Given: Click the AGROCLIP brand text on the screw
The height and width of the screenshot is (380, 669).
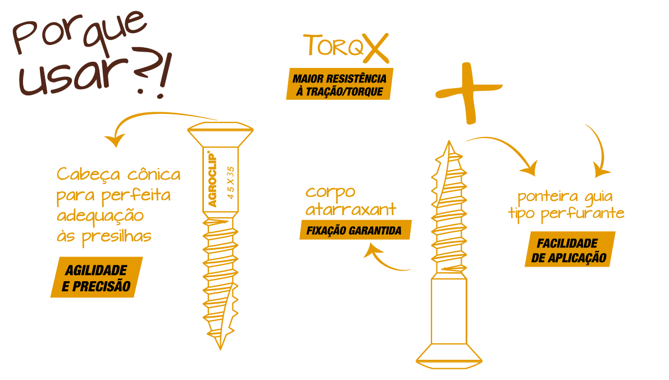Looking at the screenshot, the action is [212, 179].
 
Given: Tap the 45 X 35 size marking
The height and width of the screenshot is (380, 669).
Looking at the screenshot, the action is [231, 182].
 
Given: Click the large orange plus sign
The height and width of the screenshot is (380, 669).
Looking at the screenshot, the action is [469, 93].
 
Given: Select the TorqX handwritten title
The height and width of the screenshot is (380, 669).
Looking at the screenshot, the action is [346, 47].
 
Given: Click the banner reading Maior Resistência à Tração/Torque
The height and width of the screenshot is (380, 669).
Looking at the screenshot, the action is [340, 84].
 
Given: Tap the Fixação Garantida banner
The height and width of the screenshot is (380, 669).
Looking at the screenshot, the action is [356, 230].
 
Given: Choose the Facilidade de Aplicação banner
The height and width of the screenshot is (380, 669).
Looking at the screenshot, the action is [570, 249].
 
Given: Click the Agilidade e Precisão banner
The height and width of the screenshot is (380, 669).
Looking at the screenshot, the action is [97, 277].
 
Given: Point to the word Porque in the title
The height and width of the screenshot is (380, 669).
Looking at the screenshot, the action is [80, 33].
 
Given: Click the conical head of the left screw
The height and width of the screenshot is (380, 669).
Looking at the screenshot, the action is [220, 134].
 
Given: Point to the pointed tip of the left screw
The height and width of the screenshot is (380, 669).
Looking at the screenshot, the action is [220, 348].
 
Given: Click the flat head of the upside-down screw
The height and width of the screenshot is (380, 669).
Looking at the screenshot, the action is [449, 356].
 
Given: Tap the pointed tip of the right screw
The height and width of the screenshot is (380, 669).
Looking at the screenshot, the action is [449, 141].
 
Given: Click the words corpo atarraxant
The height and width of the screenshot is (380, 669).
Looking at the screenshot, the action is [351, 200].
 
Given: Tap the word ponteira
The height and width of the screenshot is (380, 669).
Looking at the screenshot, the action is [548, 196].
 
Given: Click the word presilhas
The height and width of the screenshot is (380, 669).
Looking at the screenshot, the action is [116, 237].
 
